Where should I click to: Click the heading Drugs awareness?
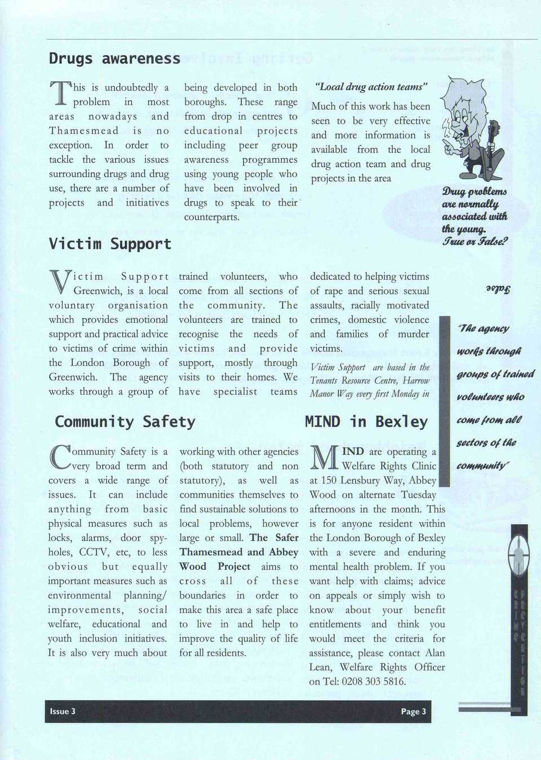point(114,59)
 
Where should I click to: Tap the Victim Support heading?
point(110,244)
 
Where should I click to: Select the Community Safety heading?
point(125,422)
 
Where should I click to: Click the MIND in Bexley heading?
point(366,422)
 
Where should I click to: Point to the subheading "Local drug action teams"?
point(371,87)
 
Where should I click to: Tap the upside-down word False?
point(498,289)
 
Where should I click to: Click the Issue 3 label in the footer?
point(63,711)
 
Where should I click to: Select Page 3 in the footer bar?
point(413,711)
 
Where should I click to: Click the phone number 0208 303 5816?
point(374,682)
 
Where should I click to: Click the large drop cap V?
point(59,282)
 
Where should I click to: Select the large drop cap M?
point(325,458)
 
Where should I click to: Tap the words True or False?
point(475,241)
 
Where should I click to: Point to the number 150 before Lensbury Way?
point(329,481)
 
